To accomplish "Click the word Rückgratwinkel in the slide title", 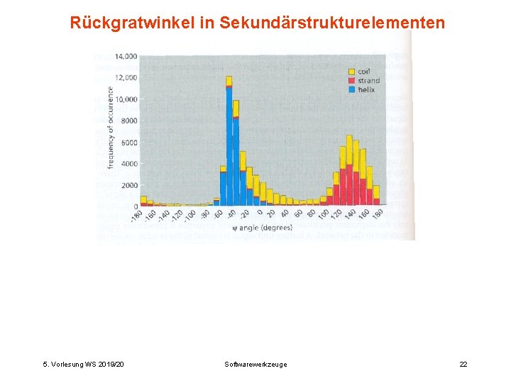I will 133,23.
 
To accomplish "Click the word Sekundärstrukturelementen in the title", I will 333,23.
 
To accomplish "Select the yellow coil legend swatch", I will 351,72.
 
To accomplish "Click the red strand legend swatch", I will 351,81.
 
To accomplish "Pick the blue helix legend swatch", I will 351,90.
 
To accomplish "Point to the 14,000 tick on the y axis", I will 126,56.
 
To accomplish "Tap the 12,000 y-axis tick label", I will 126,77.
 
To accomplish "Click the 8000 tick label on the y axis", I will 128,121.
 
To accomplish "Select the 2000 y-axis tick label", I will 128,185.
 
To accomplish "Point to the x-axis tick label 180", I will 378,214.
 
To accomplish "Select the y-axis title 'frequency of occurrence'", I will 111,128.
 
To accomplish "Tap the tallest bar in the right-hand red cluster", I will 349,170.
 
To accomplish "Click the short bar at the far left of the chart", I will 143,201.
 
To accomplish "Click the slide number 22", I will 463,365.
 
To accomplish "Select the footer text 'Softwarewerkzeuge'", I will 255,365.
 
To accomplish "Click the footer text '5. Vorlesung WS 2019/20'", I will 84,365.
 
